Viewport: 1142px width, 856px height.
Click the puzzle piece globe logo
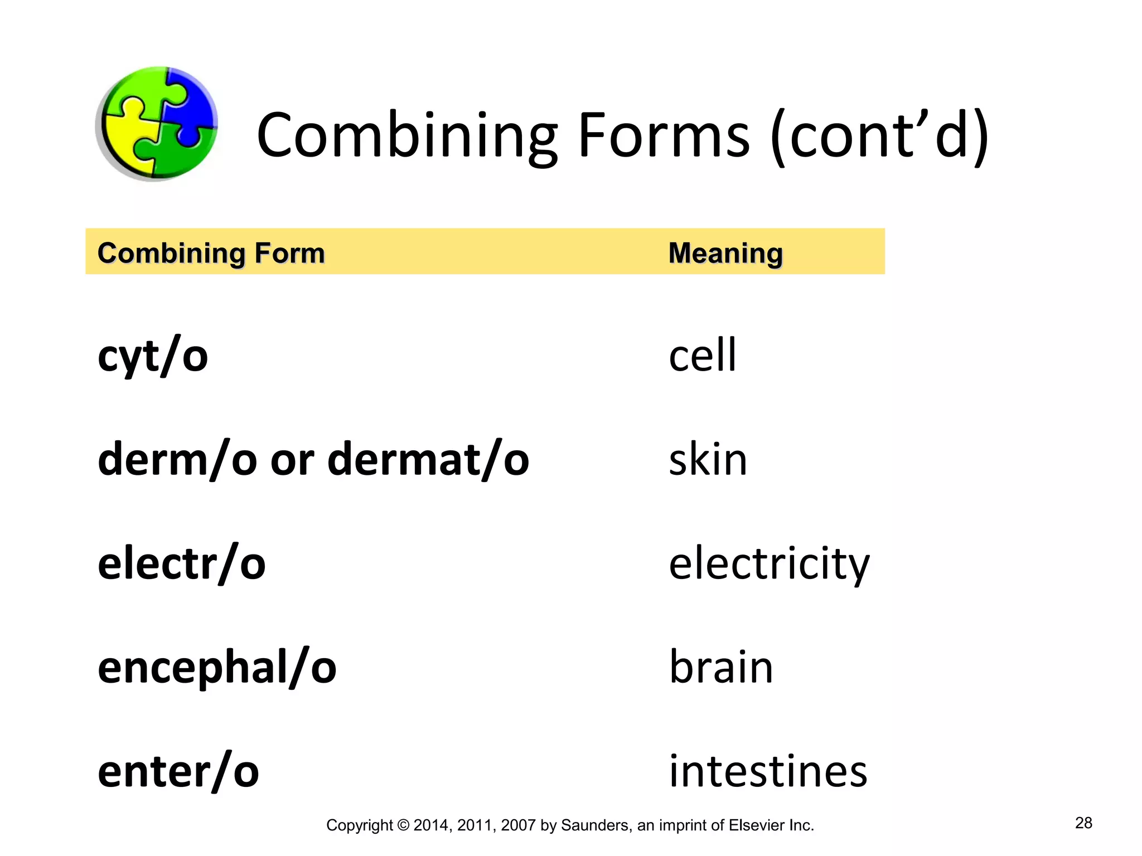pyautogui.click(x=157, y=124)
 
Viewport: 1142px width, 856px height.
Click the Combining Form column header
pyautogui.click(x=211, y=253)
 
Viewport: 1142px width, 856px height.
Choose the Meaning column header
pyautogui.click(x=725, y=253)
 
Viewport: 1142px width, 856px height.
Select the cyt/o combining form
pyautogui.click(x=153, y=356)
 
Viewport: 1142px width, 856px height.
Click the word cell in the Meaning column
pyautogui.click(x=703, y=355)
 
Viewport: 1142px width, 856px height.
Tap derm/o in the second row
pyautogui.click(x=177, y=459)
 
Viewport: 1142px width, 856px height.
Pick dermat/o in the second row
pyautogui.click(x=428, y=459)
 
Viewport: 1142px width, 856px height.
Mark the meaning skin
pyautogui.click(x=708, y=459)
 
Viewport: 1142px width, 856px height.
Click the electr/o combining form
pyautogui.click(x=182, y=563)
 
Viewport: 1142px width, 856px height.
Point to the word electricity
pyautogui.click(x=769, y=563)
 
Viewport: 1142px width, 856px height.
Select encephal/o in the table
pyautogui.click(x=217, y=667)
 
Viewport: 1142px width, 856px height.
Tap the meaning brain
pyautogui.click(x=721, y=667)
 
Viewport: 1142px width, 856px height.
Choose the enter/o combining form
pyautogui.click(x=178, y=771)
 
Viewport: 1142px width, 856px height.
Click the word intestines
pyautogui.click(x=768, y=771)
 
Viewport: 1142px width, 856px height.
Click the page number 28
pyautogui.click(x=1083, y=823)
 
